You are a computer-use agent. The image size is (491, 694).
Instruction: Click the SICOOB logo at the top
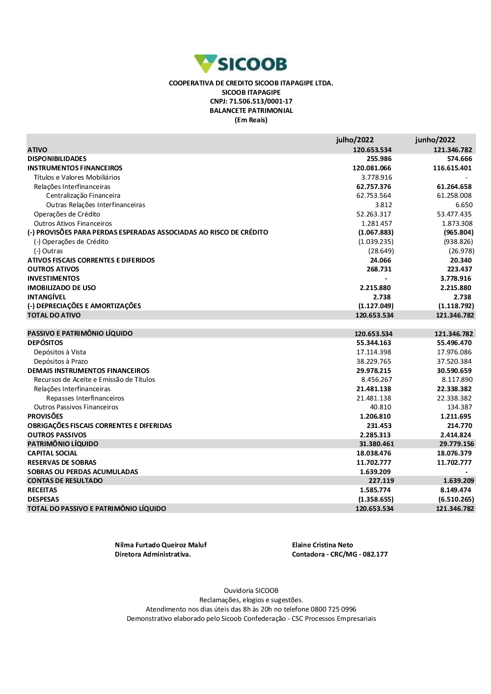tap(241, 64)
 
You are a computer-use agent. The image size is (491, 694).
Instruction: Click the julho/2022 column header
tap(355, 140)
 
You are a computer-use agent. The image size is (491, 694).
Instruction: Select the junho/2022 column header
tap(435, 140)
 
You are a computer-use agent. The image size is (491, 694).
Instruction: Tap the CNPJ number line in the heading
tap(251, 102)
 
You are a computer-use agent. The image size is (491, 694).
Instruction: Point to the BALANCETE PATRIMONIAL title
tap(251, 111)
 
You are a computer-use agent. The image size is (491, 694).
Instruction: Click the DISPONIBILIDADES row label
tap(57, 159)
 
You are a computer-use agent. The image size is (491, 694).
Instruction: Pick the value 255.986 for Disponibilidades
tap(379, 159)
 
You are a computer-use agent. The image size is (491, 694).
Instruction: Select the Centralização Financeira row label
tap(83, 196)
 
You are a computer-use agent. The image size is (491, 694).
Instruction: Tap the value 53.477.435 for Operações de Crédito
tap(454, 214)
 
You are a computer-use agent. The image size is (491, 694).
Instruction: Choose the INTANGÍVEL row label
tap(47, 297)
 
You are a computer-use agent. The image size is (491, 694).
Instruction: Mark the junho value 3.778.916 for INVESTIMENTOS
tap(456, 279)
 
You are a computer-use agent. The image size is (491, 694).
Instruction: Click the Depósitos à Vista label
tap(60, 352)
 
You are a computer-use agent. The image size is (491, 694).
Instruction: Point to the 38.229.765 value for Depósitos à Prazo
tap(374, 362)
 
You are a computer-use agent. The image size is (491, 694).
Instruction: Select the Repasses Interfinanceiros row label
tap(85, 399)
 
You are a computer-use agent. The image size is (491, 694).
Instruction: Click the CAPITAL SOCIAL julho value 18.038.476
tap(374, 454)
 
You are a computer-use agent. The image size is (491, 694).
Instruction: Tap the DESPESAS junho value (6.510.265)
tap(456, 500)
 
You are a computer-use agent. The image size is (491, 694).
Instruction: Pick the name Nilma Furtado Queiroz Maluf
tap(161, 545)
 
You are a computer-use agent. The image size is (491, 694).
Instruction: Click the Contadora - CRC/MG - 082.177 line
tap(340, 555)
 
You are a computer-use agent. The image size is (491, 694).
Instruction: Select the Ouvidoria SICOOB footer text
tap(251, 591)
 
